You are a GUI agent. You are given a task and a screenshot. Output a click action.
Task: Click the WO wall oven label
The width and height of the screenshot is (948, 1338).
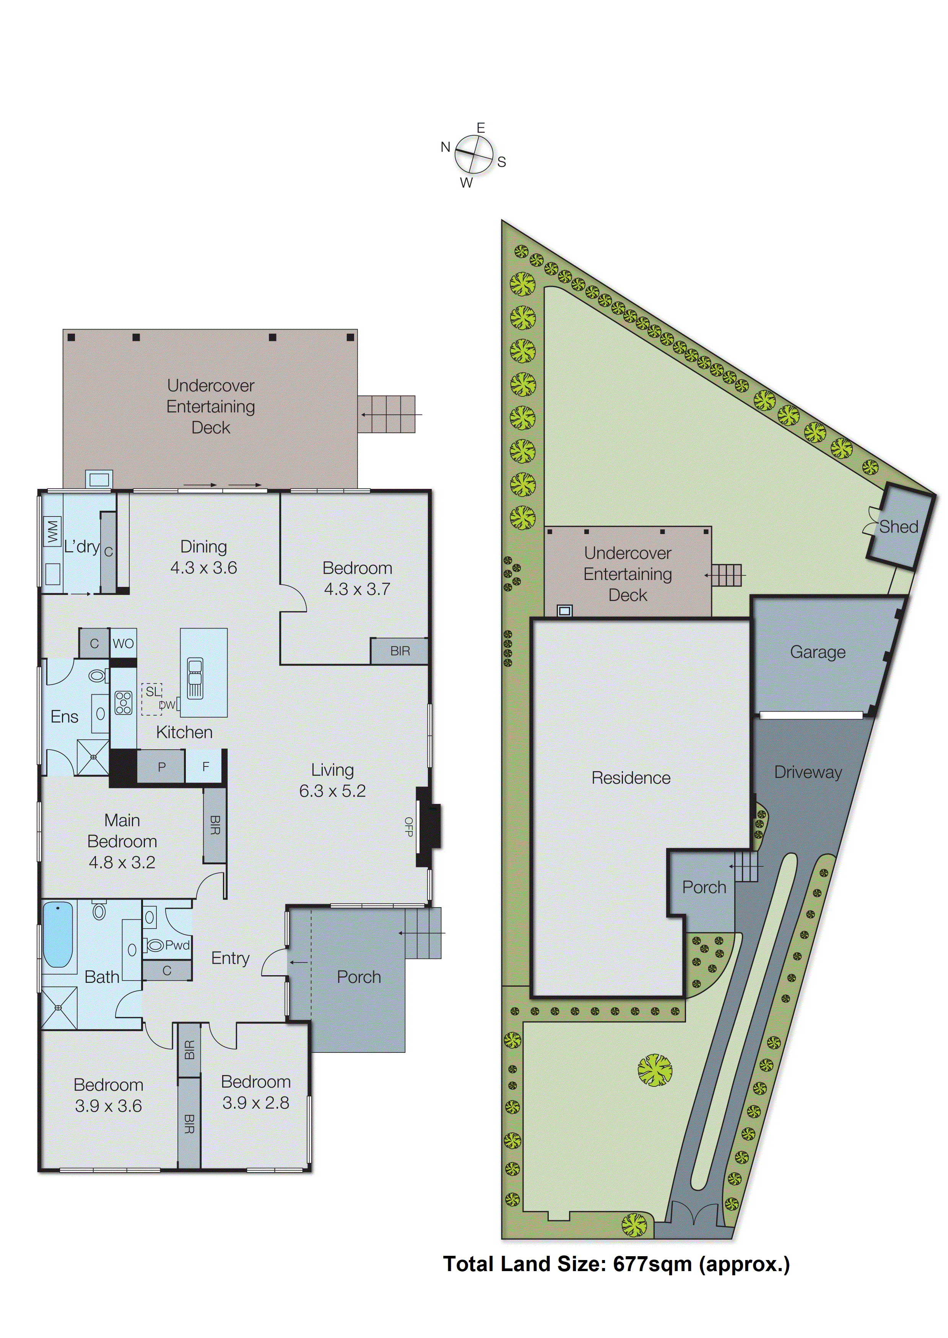click(x=123, y=644)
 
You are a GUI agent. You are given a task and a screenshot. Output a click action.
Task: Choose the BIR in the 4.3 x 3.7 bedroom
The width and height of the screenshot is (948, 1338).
click(x=400, y=651)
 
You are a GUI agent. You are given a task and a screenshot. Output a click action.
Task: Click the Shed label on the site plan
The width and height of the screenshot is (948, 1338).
click(x=898, y=527)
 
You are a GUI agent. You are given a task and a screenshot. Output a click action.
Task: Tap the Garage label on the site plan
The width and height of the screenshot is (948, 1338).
click(x=817, y=652)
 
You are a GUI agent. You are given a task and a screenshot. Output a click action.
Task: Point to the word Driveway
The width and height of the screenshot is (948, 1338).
click(x=808, y=772)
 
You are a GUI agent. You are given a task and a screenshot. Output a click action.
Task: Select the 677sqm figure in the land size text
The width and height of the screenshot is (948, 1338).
click(x=652, y=1264)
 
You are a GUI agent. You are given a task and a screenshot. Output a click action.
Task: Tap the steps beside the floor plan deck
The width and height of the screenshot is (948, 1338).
click(x=387, y=414)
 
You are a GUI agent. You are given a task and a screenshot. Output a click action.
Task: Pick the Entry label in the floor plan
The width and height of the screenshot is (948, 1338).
click(x=230, y=958)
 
